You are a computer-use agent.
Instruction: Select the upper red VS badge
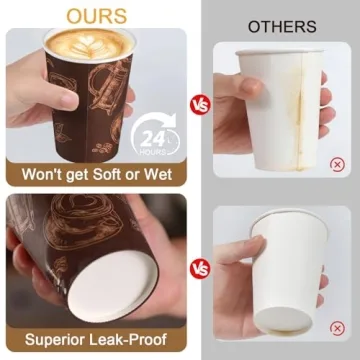pos(200,102)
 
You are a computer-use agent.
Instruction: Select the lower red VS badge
pos(200,268)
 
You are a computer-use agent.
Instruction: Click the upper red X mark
pos(337,163)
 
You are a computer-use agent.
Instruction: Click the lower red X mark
pos(337,334)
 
